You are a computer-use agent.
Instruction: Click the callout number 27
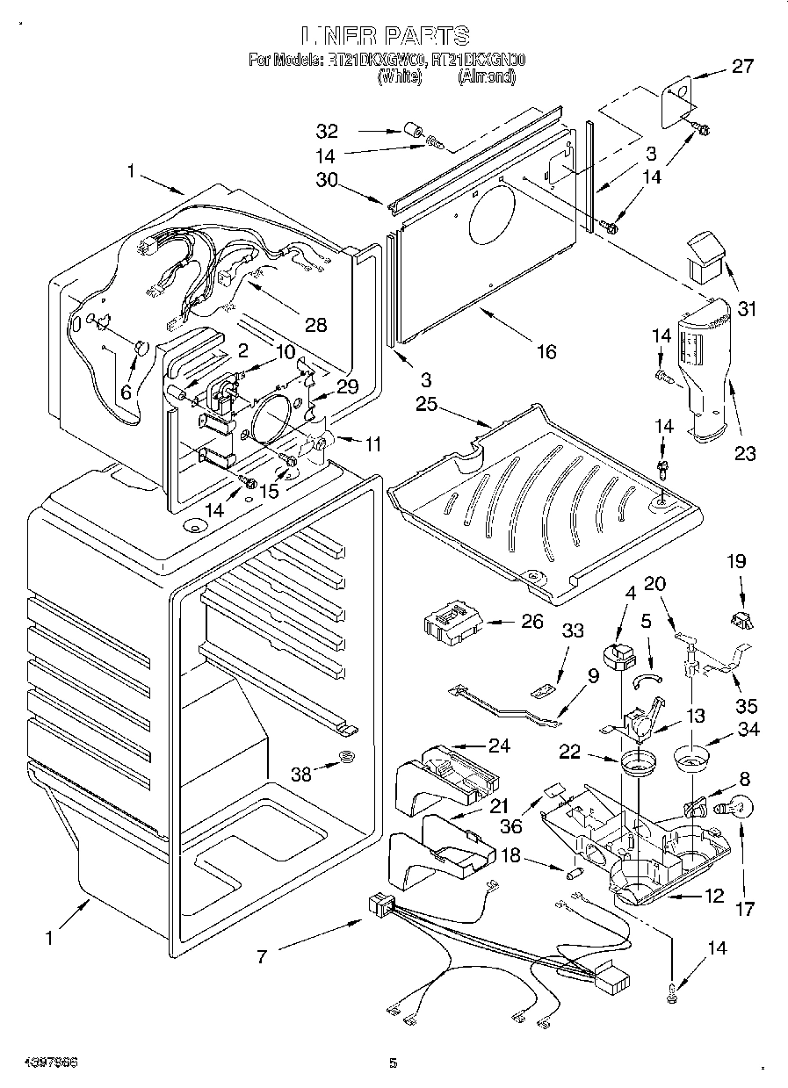[742, 65]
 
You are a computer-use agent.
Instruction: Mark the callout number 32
[327, 132]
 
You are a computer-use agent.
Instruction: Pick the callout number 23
[745, 454]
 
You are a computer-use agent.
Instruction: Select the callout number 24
[499, 746]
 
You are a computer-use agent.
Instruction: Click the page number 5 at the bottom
[394, 1063]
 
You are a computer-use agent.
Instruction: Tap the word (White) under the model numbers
[400, 77]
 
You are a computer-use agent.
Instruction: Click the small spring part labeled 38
[348, 757]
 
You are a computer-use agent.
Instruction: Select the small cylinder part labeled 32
[411, 133]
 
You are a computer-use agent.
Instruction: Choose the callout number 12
[713, 897]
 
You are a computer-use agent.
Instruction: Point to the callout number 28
[315, 325]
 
